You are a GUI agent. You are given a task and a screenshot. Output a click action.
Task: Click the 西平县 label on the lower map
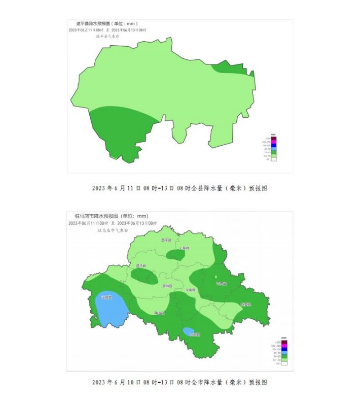(x=166, y=240)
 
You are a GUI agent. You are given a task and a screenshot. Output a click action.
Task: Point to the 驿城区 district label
(x=167, y=286)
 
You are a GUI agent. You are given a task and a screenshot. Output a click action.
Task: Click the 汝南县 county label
(x=190, y=290)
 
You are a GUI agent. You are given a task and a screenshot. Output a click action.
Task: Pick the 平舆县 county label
(x=221, y=283)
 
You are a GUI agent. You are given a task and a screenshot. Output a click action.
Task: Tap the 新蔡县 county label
(x=245, y=305)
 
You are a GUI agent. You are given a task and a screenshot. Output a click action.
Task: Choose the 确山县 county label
(x=159, y=313)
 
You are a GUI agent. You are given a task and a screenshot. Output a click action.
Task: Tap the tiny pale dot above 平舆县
(x=217, y=277)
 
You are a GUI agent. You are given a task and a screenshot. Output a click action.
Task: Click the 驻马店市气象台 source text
(x=113, y=230)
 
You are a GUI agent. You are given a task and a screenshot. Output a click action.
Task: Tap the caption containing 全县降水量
(x=179, y=188)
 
